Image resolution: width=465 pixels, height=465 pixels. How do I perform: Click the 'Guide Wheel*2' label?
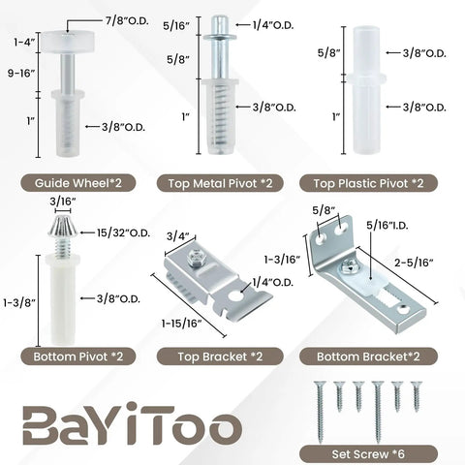pyautogui.click(x=78, y=183)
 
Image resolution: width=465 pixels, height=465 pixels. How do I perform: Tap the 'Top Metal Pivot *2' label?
pyautogui.click(x=220, y=183)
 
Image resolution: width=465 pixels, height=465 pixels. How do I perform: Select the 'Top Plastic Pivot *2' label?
pyautogui.click(x=368, y=183)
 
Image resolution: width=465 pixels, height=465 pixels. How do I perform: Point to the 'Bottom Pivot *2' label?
pyautogui.click(x=78, y=356)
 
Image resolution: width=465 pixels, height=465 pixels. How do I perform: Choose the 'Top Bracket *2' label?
pyautogui.click(x=220, y=356)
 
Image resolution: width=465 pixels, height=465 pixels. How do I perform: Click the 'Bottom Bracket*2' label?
pyautogui.click(x=368, y=356)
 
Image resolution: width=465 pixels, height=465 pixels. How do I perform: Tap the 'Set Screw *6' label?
pyautogui.click(x=368, y=454)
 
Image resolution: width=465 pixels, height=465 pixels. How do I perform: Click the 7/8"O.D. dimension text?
pyautogui.click(x=127, y=21)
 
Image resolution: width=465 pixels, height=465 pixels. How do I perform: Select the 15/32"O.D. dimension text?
pyautogui.click(x=123, y=232)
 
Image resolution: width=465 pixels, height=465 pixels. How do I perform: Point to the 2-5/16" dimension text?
pyautogui.click(x=414, y=263)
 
